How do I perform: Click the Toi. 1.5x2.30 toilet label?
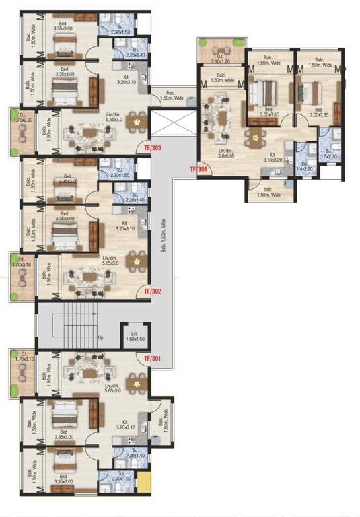click(328, 154)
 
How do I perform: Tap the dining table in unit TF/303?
click(137, 123)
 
